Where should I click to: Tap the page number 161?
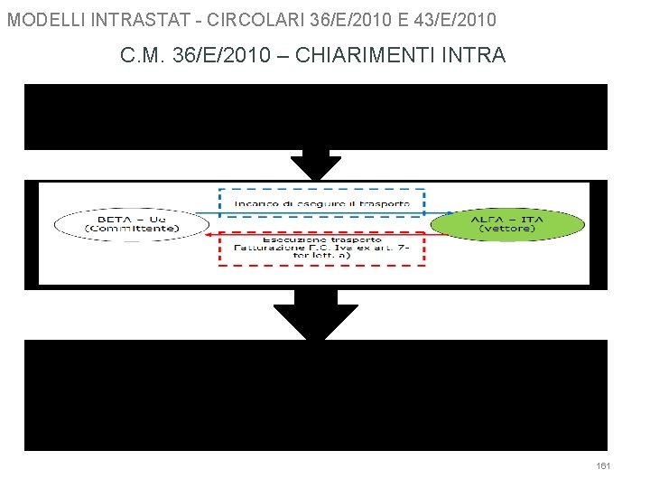(604, 465)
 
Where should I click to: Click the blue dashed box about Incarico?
(321, 202)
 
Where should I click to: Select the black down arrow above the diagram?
(316, 164)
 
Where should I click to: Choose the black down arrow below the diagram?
(316, 316)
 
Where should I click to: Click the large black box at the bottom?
(316, 395)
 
